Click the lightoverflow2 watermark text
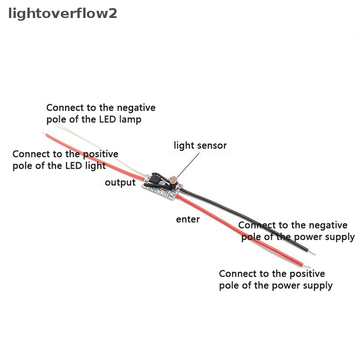point(63,13)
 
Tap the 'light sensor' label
point(200,145)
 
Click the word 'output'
point(120,183)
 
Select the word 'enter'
point(188,220)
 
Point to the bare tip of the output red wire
point(44,133)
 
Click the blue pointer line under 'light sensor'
point(188,165)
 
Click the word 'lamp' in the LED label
point(130,120)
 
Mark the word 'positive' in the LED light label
point(100,154)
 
